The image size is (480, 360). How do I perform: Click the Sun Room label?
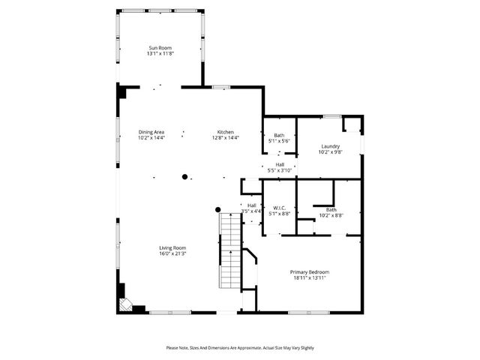tap(159, 48)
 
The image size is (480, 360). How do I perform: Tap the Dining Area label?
tap(151, 132)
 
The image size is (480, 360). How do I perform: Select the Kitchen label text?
tap(226, 132)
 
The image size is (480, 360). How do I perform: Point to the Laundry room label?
tap(331, 146)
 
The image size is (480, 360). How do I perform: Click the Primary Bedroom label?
tap(310, 271)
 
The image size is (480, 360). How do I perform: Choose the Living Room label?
tap(172, 247)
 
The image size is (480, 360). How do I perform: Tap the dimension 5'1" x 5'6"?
tap(279, 141)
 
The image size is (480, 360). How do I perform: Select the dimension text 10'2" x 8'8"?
tap(331, 215)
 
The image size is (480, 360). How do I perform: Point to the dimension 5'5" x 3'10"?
tap(280, 170)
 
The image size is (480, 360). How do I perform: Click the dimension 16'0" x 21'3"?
tap(172, 253)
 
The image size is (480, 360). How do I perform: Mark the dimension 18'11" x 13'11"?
tap(310, 277)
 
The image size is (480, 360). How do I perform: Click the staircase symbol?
tap(229, 251)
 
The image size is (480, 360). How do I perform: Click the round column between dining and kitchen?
tap(184, 177)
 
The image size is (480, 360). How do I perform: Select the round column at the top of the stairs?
tap(218, 209)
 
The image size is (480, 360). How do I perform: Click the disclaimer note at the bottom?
tap(240, 347)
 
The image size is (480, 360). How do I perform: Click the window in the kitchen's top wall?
tap(220, 87)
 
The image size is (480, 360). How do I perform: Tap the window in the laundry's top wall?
tap(331, 116)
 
